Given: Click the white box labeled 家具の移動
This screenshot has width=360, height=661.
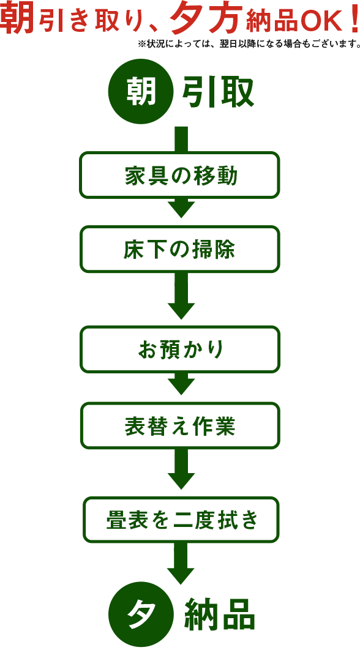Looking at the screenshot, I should point(179,175).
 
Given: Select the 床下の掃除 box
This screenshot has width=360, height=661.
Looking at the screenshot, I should point(179,249).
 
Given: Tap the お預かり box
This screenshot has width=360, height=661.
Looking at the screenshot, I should point(180,349).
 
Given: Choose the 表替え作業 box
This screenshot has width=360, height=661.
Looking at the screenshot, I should point(180,425).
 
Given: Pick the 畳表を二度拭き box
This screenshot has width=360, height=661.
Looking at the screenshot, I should point(181,520).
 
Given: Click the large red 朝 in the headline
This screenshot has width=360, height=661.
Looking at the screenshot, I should point(17,18).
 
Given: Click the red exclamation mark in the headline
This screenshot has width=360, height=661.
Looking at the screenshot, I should point(354,18).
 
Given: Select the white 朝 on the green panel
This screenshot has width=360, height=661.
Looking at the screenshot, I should point(141,92).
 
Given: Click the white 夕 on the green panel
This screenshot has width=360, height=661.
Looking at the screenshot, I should point(141,614).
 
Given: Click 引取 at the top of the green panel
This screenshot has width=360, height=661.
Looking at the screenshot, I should point(220,92).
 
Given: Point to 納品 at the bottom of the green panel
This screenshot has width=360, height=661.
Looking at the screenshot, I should point(220,614).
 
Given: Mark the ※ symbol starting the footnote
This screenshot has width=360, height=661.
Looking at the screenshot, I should point(142,43).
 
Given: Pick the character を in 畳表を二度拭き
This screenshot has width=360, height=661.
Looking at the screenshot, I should point(160,520).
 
